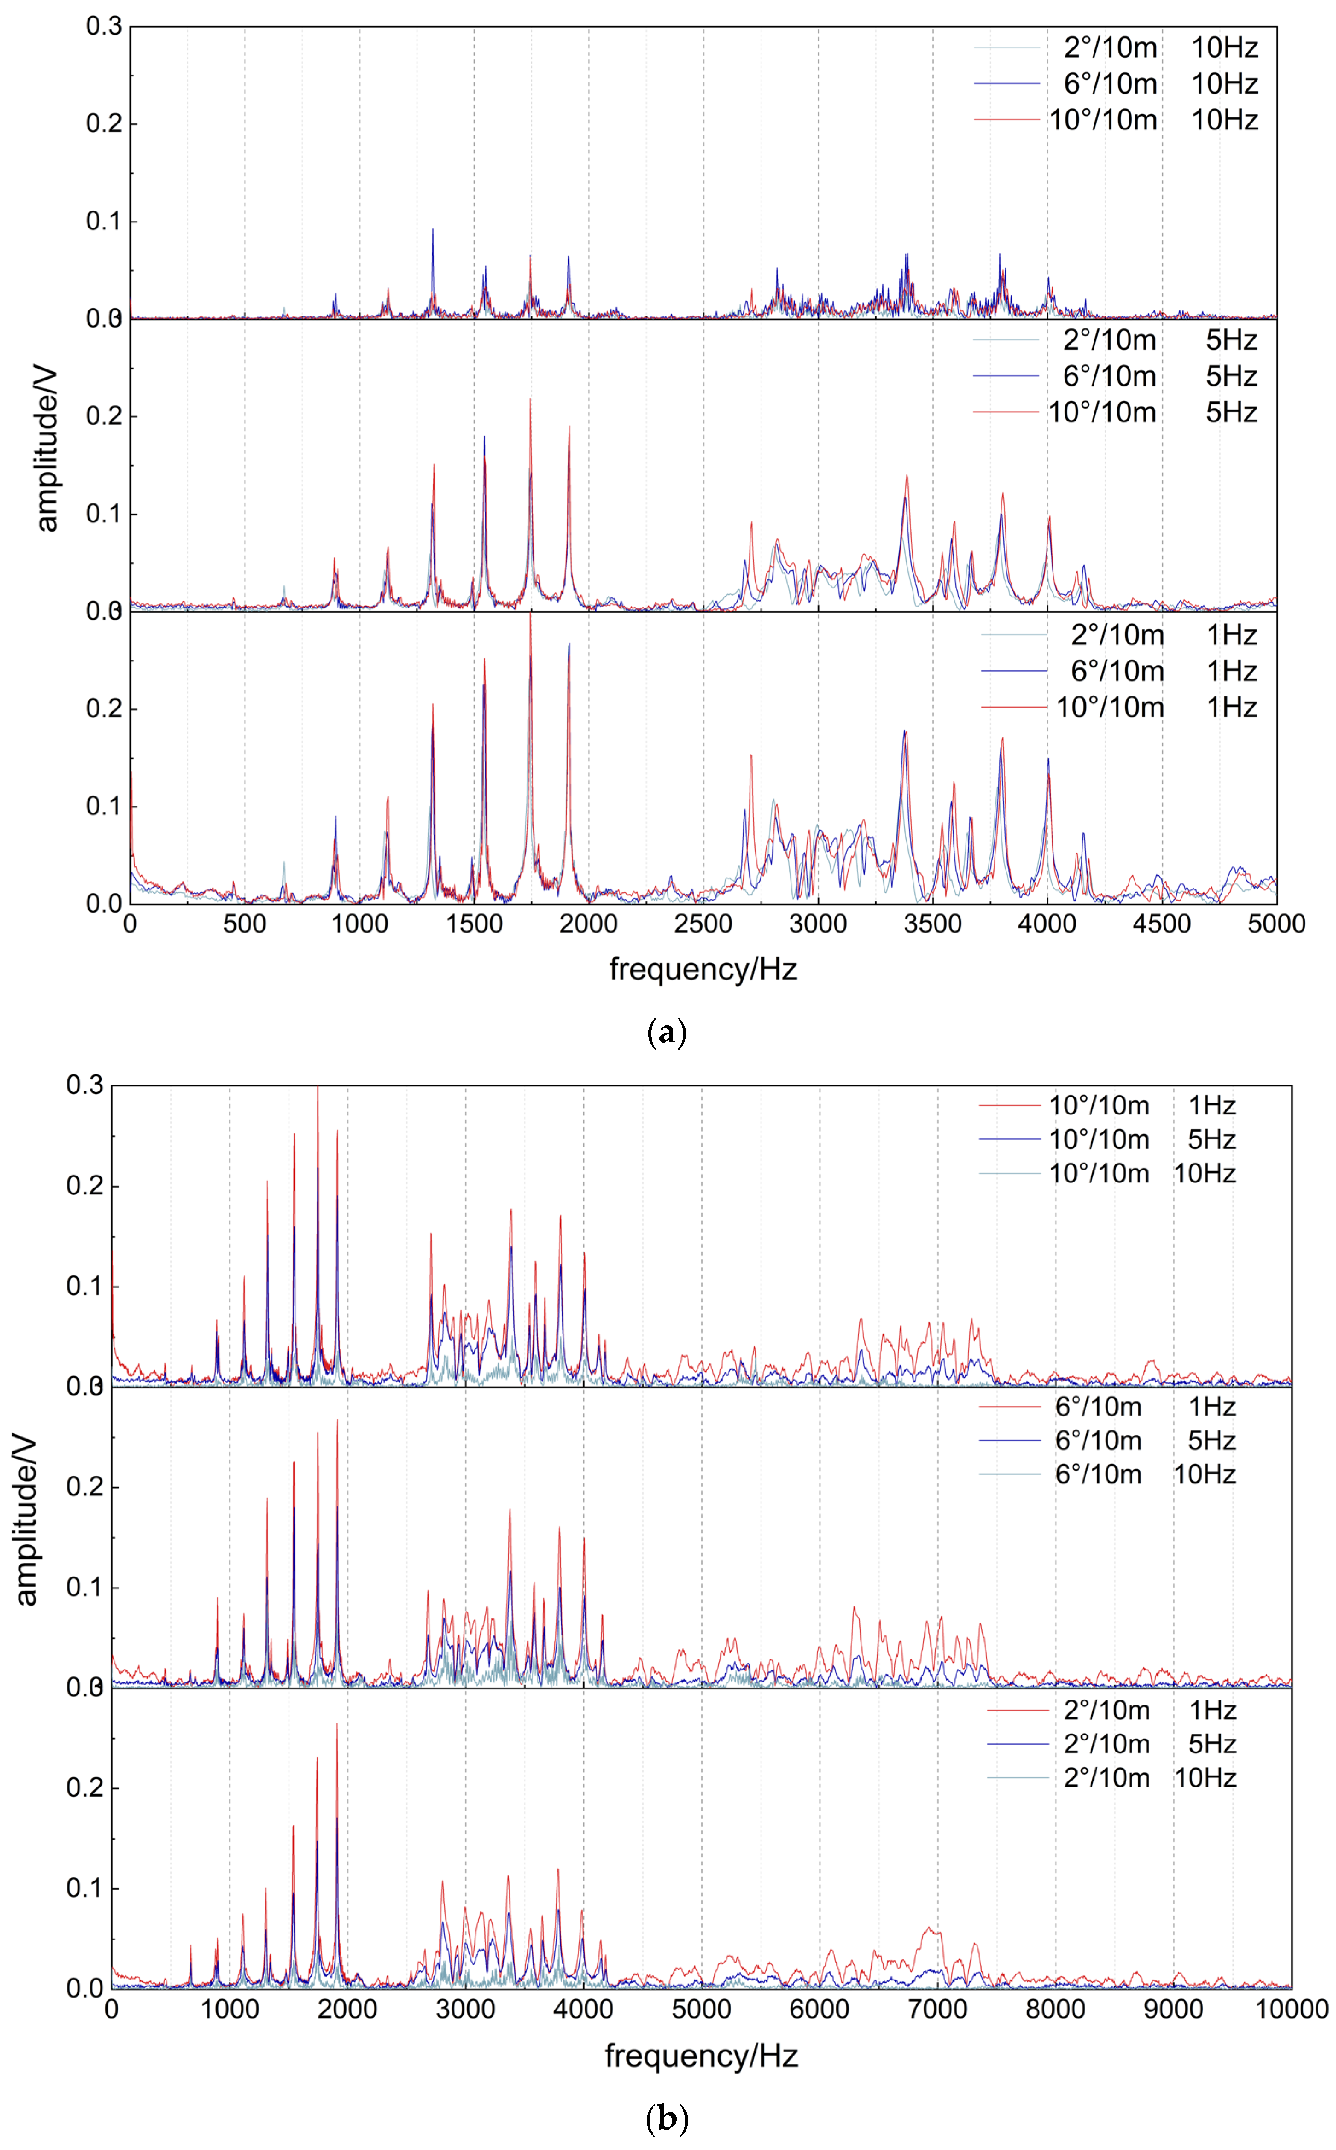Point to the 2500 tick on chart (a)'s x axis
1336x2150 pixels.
click(703, 924)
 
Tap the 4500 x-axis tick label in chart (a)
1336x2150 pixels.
click(1162, 924)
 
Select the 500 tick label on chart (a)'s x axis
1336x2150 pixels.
click(245, 924)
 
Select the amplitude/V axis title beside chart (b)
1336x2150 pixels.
click(26, 1520)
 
